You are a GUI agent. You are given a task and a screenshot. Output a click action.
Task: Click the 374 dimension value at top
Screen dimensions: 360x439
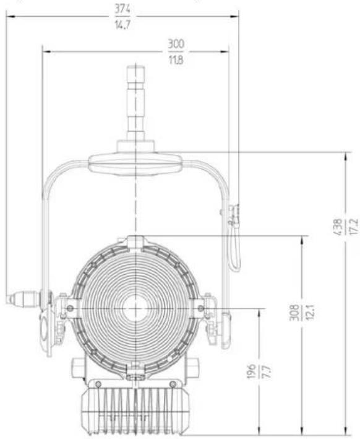[x=122, y=9]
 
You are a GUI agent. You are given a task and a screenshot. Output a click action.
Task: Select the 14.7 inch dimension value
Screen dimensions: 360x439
[x=122, y=25]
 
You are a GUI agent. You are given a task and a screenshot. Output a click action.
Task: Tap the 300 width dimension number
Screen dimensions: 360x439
[x=176, y=44]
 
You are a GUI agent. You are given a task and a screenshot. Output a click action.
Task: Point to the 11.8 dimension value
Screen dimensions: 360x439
[x=176, y=59]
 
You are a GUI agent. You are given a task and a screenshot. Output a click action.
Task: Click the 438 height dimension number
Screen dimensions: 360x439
[x=338, y=227]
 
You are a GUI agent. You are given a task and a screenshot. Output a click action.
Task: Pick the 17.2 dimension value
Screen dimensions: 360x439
[x=354, y=227]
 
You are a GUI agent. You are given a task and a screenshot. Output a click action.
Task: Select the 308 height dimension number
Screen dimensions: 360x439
[x=294, y=313]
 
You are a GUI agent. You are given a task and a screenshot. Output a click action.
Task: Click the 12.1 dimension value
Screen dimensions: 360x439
[x=310, y=312]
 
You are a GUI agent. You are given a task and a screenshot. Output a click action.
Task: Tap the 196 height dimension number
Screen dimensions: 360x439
[x=252, y=372]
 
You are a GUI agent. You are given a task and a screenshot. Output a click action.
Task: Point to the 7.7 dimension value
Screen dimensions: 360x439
[x=267, y=372]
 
